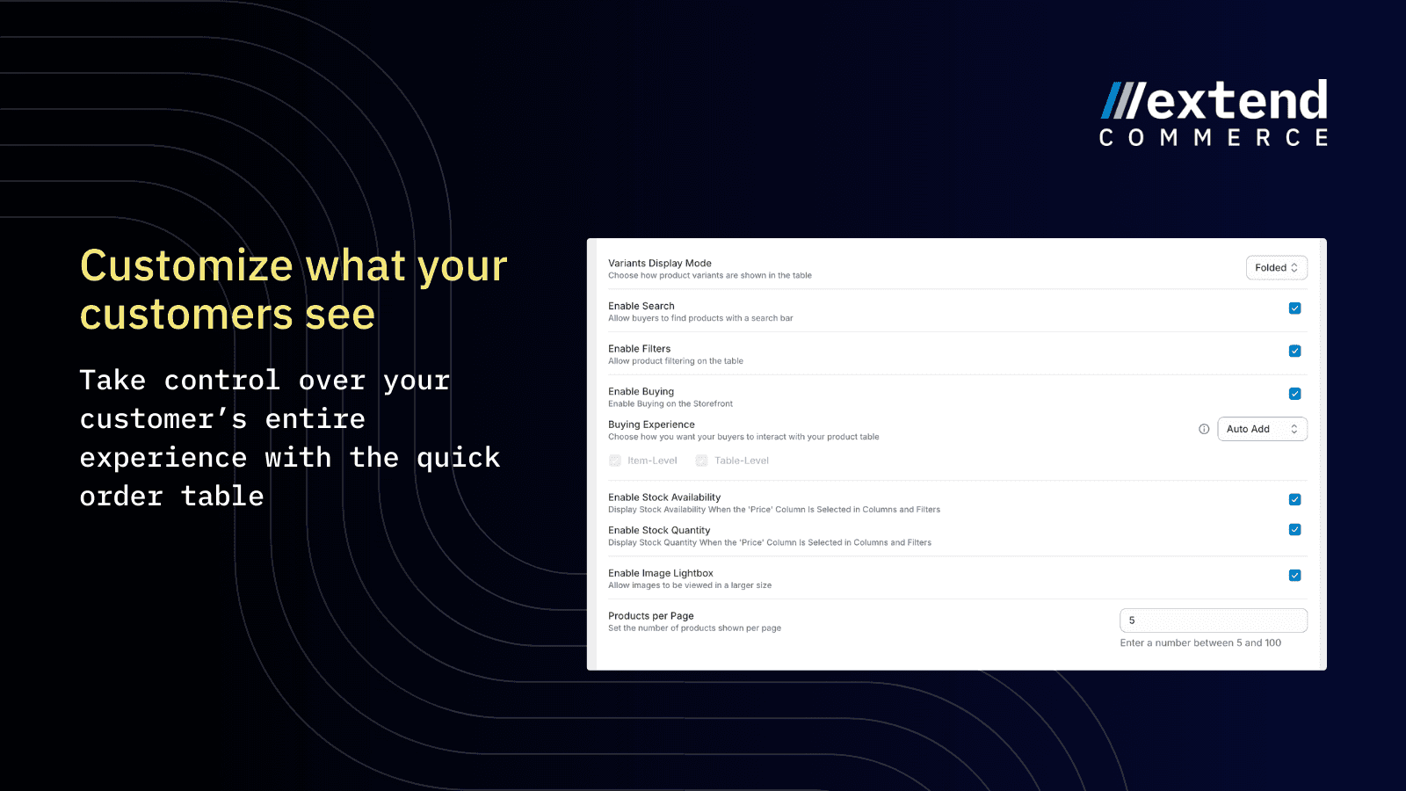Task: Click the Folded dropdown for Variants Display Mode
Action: tap(1276, 267)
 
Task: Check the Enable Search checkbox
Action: tap(1294, 308)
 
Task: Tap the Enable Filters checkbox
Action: tap(1294, 351)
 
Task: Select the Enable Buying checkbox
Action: tap(1294, 394)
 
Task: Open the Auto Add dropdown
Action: tap(1262, 429)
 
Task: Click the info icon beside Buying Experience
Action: tap(1204, 430)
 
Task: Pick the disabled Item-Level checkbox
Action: tap(615, 461)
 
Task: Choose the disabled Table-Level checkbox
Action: tap(701, 461)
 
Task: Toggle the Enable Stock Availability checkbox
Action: tap(1294, 500)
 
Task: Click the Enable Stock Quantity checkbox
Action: tap(1294, 530)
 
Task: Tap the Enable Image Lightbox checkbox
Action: tap(1294, 576)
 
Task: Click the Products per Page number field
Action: tap(1214, 620)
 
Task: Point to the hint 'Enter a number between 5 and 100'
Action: tap(1200, 642)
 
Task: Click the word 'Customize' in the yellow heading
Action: tap(186, 265)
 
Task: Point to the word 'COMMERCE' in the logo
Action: tap(1214, 137)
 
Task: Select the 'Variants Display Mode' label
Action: tap(660, 263)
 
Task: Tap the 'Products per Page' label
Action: tap(651, 616)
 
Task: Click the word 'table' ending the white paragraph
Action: tap(222, 496)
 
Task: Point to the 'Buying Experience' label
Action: tap(651, 425)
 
